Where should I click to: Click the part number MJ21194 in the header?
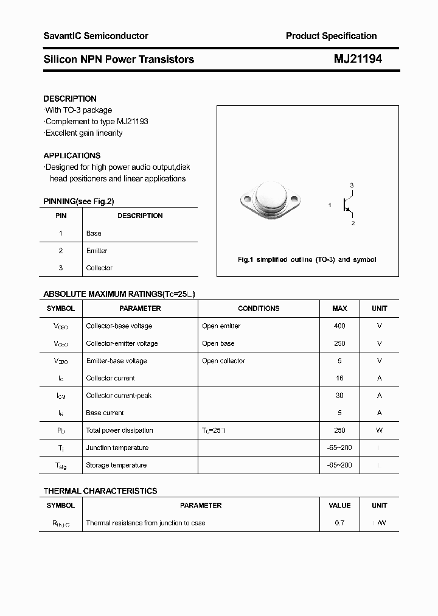point(358,59)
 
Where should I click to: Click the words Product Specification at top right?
point(331,36)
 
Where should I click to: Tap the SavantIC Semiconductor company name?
point(96,36)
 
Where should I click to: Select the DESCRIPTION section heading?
point(70,99)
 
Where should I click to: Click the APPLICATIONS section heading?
point(72,155)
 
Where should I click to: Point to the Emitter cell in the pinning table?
point(97,251)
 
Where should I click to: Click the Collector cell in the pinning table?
point(99,268)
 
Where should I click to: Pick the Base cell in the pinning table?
point(94,233)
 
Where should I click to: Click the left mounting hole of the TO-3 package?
point(246,199)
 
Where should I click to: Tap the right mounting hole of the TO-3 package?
point(295,199)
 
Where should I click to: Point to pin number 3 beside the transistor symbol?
point(352,185)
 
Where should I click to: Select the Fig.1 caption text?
point(307,259)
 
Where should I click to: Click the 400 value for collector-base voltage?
point(339,326)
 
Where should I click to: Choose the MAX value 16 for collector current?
point(339,378)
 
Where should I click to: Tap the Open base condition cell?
point(218,343)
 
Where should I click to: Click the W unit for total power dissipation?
point(379,430)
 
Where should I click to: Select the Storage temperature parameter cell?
point(116,465)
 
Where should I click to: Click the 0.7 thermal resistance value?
point(339,523)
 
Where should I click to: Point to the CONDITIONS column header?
point(259,309)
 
